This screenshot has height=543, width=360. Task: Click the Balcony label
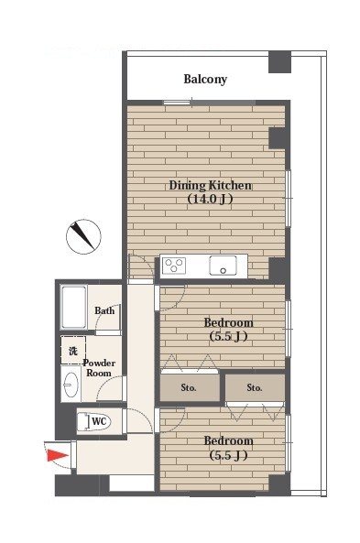tap(205, 80)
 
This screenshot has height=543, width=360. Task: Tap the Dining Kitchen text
tap(211, 185)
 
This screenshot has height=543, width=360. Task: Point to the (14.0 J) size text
tap(210, 199)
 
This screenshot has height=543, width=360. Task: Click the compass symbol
tap(83, 236)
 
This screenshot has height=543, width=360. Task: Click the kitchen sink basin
tap(223, 266)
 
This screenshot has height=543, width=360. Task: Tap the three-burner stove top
tap(174, 266)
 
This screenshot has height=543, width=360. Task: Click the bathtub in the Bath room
tap(73, 307)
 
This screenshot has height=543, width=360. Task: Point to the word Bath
tap(104, 310)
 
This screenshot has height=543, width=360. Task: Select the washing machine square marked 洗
tap(73, 350)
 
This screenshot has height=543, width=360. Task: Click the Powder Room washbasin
tap(71, 384)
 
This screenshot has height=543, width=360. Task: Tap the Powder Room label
tap(99, 368)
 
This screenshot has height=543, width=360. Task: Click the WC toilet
tap(93, 422)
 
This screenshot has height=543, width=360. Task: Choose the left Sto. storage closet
tap(190, 387)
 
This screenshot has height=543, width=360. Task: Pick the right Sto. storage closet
tap(255, 387)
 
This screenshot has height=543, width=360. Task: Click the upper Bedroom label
tap(228, 322)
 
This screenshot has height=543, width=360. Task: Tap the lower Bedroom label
tap(228, 440)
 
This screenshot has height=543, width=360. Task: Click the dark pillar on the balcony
tap(280, 61)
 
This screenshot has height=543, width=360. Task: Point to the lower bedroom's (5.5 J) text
tap(228, 455)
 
